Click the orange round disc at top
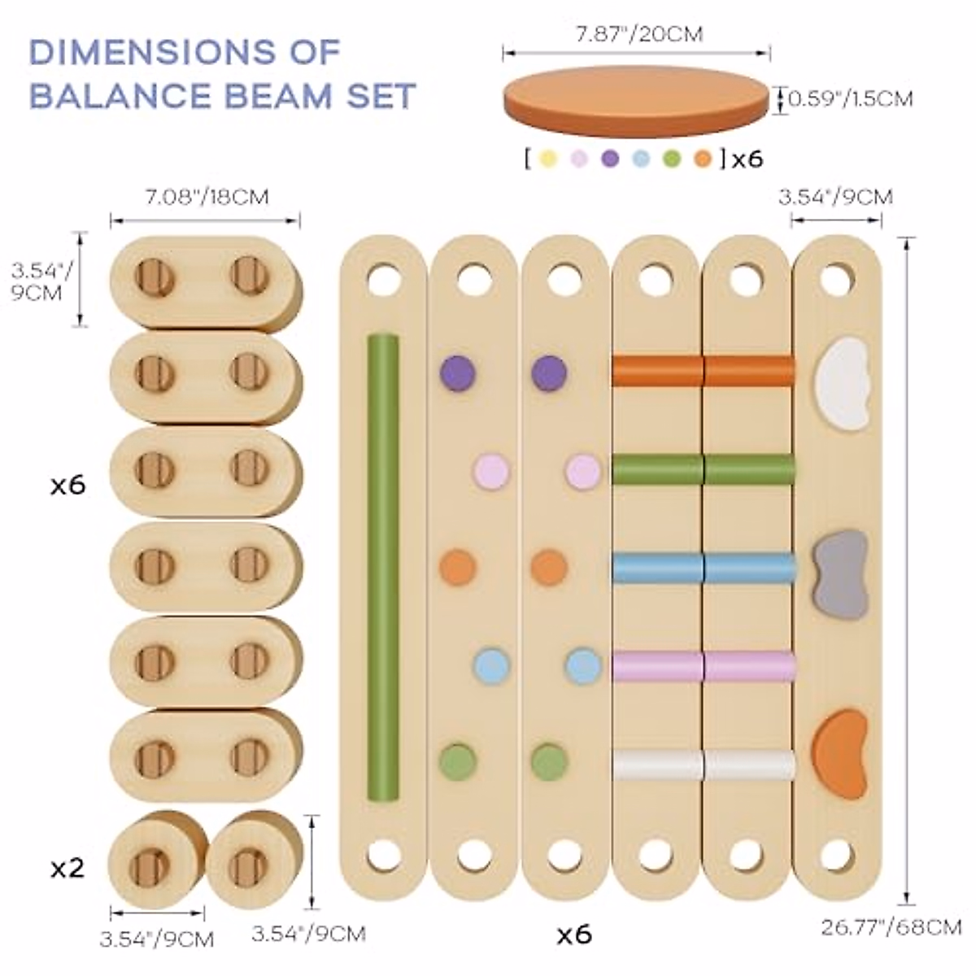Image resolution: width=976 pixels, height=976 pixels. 636,99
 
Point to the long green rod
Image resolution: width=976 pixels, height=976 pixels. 383,566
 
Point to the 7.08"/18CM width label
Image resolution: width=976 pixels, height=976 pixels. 205,196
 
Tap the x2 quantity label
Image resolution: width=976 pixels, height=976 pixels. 68,868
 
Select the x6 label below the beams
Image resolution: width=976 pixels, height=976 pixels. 574,935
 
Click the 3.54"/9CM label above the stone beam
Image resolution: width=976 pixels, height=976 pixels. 836,196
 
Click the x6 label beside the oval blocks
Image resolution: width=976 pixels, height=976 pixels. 68,486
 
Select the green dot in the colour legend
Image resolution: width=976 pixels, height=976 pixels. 671,159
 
